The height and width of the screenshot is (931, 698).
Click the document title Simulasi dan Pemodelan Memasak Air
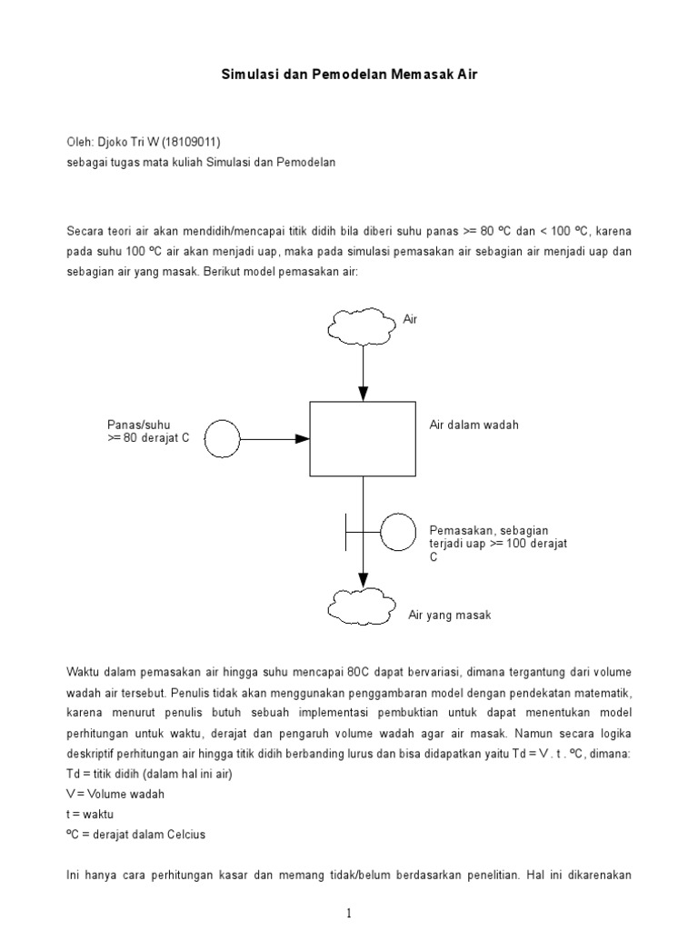point(349,75)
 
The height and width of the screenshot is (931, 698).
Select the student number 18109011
point(191,142)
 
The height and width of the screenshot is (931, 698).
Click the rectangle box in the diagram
point(364,438)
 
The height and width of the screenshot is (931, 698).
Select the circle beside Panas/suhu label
point(223,439)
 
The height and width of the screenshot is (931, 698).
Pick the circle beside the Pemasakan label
point(397,532)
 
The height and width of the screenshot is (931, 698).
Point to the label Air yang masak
point(449,616)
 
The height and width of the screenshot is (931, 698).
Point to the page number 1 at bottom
point(349,914)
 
